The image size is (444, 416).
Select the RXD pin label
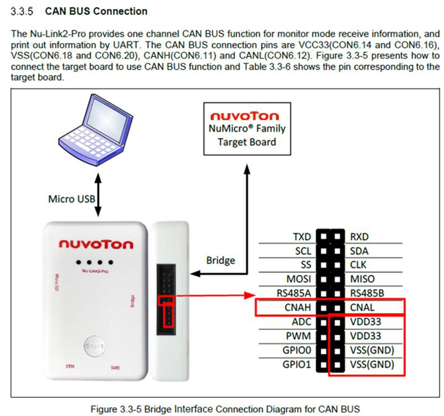coord(359,237)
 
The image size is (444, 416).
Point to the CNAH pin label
coord(296,308)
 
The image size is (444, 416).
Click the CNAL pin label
coord(362,308)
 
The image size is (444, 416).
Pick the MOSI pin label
coord(297,279)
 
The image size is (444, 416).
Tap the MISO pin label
coord(361,279)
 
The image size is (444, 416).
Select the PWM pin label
coord(298,336)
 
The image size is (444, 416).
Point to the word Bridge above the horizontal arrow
coord(220,260)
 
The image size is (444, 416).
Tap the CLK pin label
coord(359,265)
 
